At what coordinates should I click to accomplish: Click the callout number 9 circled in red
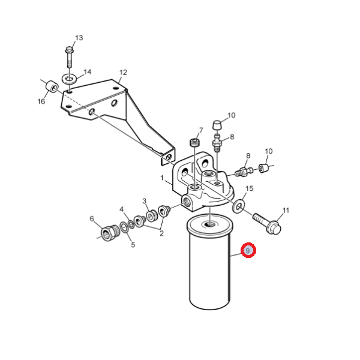coord(248,250)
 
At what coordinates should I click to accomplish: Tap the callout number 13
coord(79,38)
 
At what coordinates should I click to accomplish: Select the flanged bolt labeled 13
coord(69,57)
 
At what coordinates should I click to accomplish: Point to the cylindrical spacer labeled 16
coord(52,87)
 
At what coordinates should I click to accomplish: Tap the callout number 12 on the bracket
coord(123,73)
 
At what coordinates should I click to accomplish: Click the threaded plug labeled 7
coord(195,143)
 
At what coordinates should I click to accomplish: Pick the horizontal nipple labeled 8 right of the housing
coord(244,172)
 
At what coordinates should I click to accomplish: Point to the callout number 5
coord(133,245)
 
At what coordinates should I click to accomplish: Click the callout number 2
coord(161,233)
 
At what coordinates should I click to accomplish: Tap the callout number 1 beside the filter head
coord(162,178)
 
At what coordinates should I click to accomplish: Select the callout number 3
coord(144,201)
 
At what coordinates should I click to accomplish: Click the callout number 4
coord(121,209)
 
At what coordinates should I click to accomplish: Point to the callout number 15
coord(250,188)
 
